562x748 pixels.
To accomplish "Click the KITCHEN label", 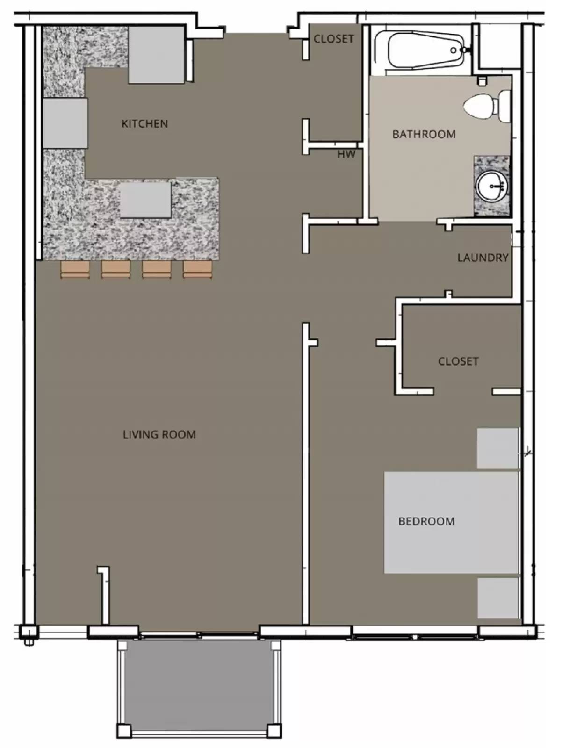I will point(144,124).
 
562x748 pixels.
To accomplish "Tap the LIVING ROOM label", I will point(159,435).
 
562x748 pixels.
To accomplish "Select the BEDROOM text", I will point(426,521).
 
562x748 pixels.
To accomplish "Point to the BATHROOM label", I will point(424,135).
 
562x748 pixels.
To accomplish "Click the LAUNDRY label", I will point(483,258).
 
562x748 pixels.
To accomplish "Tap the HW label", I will point(346,154).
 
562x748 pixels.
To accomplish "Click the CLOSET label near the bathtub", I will point(333,39).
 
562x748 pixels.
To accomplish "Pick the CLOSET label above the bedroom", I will point(458,361).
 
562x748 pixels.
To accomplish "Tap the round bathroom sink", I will point(491,187).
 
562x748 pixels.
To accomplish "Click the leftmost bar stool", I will point(75,270).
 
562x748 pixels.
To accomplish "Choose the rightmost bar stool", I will point(198,270).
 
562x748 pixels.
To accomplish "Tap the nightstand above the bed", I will point(497,448).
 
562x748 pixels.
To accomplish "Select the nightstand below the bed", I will point(498,598).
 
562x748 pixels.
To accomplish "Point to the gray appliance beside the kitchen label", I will point(156,55).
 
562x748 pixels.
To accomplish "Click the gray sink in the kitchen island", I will point(145,200).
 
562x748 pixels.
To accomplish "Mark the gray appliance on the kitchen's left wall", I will point(65,123).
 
